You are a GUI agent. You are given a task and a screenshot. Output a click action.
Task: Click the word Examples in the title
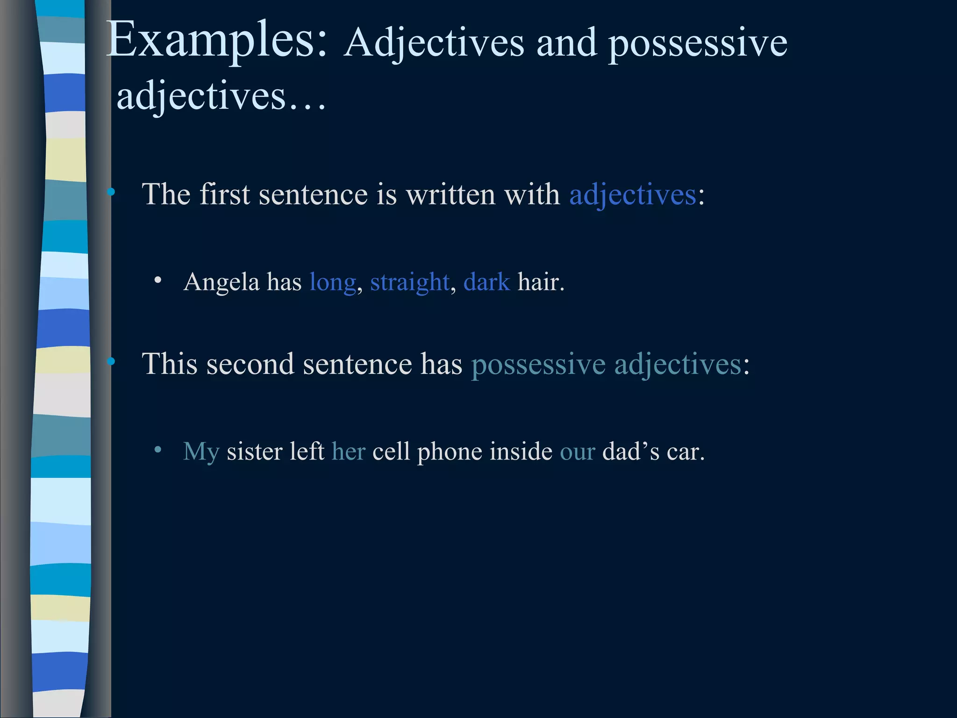pos(217,41)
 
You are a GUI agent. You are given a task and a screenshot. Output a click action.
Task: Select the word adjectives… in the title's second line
pos(221,97)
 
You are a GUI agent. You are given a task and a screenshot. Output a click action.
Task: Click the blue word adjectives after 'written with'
pos(633,194)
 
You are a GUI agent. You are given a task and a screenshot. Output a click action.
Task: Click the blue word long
pos(333,282)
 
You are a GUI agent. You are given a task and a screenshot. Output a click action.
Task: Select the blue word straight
pos(410,282)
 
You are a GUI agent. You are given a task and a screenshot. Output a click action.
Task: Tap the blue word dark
pos(486,282)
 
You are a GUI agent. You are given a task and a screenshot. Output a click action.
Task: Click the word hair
pos(541,282)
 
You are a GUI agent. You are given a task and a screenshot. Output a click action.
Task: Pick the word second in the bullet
pos(250,364)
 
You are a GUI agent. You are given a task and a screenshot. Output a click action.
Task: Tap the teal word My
pos(201,452)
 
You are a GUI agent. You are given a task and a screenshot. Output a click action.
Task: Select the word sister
pos(254,452)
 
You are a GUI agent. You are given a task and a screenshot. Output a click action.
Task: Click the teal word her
pos(348,452)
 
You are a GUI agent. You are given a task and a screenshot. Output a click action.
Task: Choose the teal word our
pos(578,452)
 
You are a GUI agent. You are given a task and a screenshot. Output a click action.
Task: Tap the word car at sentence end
pos(685,452)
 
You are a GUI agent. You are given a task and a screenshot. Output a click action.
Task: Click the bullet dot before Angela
pos(158,280)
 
